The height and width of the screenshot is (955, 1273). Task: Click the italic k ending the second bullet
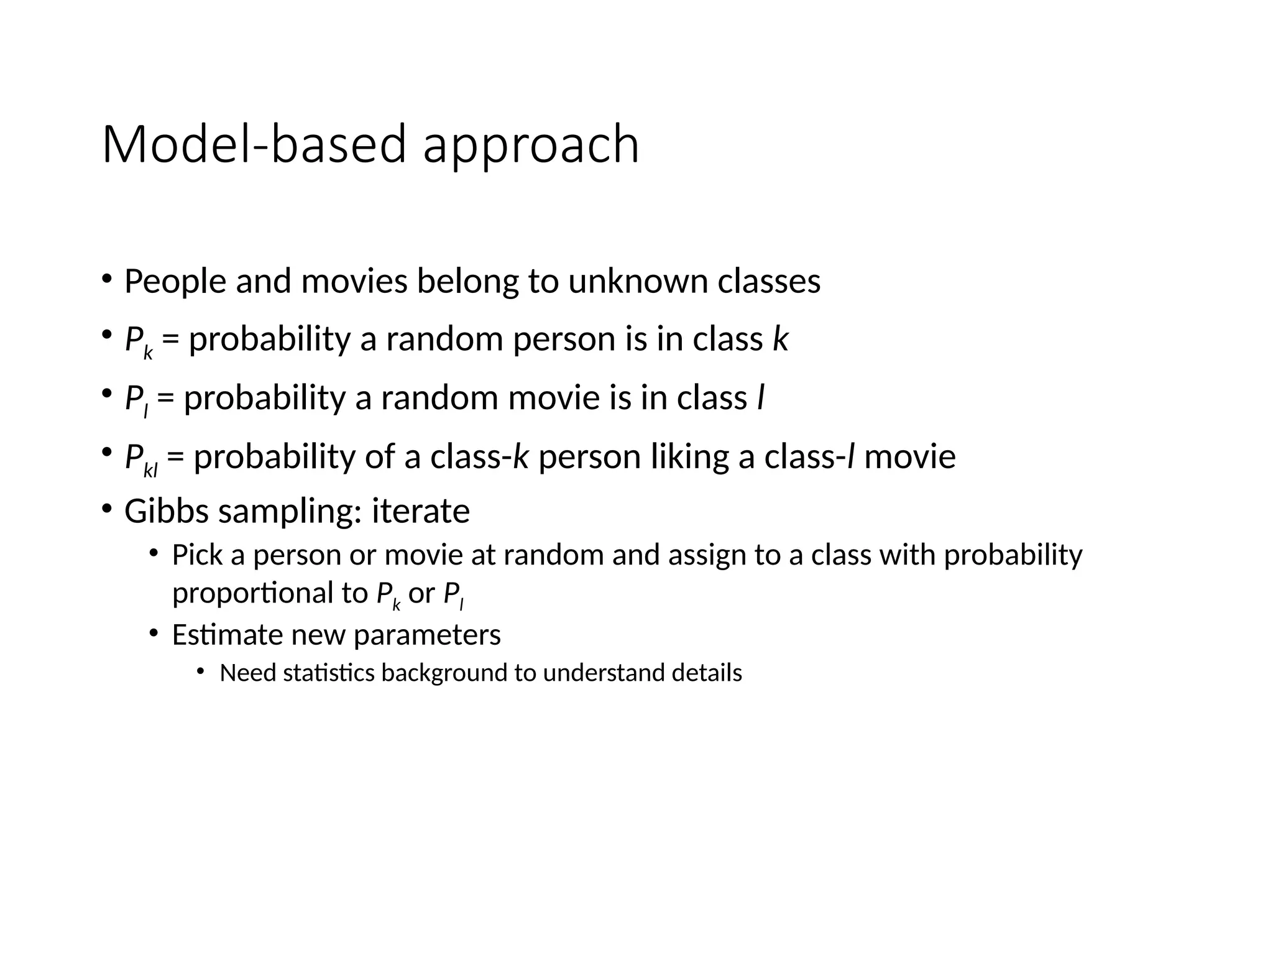click(780, 339)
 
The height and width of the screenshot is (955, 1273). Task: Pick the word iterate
click(420, 512)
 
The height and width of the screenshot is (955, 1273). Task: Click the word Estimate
click(227, 635)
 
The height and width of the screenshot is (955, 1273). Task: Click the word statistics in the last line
click(328, 673)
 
